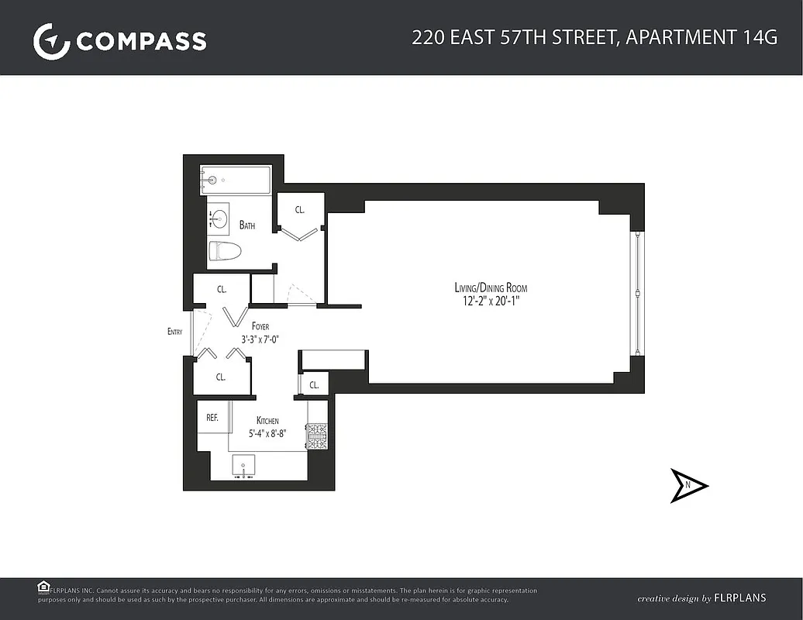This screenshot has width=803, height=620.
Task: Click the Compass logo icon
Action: coord(51,41)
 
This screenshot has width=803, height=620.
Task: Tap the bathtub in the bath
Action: coord(236,180)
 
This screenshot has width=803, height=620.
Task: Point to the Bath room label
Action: coord(247,226)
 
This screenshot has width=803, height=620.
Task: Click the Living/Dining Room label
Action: coord(491,288)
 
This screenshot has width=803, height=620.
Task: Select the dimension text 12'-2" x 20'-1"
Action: coord(491,301)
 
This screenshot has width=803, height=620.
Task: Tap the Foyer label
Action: coord(260,326)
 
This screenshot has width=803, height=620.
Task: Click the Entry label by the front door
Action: coord(175,332)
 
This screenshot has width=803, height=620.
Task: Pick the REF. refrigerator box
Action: coord(212,417)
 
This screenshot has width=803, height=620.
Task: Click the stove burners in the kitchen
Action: coord(317,436)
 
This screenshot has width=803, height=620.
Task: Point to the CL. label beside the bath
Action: coord(299,209)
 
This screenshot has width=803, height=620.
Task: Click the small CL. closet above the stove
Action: coord(314,385)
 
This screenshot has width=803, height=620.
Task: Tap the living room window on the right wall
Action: coord(636,292)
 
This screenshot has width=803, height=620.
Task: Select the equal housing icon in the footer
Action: coord(43,587)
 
